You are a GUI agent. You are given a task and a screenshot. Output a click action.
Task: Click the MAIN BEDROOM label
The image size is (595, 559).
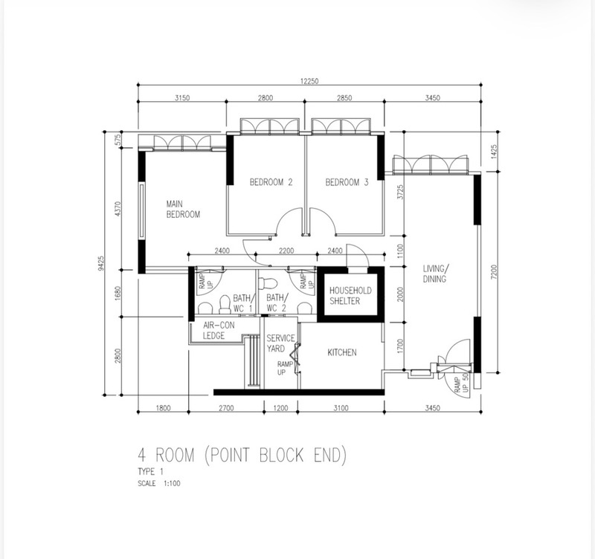tap(183, 210)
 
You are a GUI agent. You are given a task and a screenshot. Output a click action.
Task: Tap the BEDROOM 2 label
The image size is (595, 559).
tap(271, 182)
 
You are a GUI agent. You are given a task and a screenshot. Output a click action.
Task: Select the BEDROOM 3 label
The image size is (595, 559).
tap(347, 182)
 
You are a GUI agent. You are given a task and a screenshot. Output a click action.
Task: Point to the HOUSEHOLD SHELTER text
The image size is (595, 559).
tap(350, 296)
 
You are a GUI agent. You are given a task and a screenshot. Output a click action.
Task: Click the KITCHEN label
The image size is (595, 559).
tap(342, 352)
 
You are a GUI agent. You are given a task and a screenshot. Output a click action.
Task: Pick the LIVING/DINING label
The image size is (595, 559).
tap(436, 274)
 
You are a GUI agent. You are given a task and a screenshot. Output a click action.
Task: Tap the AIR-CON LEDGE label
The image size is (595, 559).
tap(219, 330)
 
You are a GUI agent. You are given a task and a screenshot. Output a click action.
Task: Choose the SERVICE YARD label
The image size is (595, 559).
tap(280, 343)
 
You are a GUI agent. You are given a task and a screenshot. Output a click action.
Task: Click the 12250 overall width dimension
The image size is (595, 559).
tap(309, 81)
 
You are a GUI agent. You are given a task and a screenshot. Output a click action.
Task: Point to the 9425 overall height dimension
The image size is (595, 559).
tap(100, 263)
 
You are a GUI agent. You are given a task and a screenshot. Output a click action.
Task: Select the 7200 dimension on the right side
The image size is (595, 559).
tap(493, 272)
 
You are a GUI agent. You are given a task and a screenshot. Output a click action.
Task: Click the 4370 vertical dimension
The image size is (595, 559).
tap(118, 209)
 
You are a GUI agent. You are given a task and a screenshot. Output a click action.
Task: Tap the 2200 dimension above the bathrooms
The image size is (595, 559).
tap(286, 251)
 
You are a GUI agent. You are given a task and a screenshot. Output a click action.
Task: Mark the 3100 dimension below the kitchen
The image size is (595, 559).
tap(341, 408)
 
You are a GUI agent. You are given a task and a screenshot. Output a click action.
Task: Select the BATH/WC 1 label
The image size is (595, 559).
tap(242, 303)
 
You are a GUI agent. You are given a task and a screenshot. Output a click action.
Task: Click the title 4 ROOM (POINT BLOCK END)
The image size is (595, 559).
tap(242, 455)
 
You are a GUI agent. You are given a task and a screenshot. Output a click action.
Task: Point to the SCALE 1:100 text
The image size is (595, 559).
tap(159, 483)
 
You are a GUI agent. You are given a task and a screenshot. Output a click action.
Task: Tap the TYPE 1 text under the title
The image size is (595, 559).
tap(151, 472)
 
